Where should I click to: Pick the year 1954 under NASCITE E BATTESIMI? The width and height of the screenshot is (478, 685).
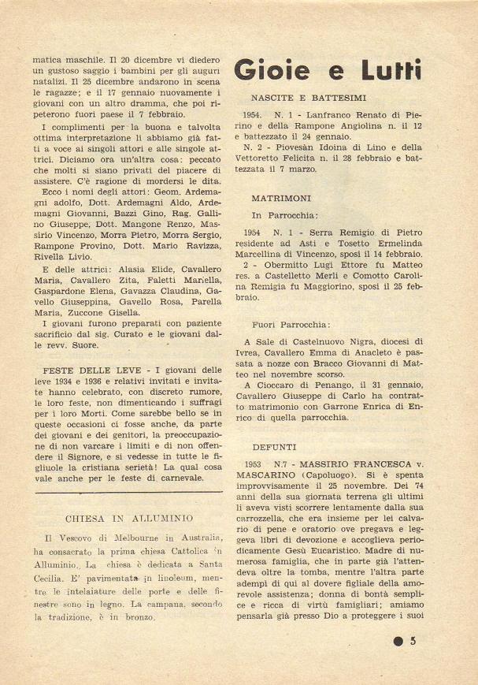click(254, 114)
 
